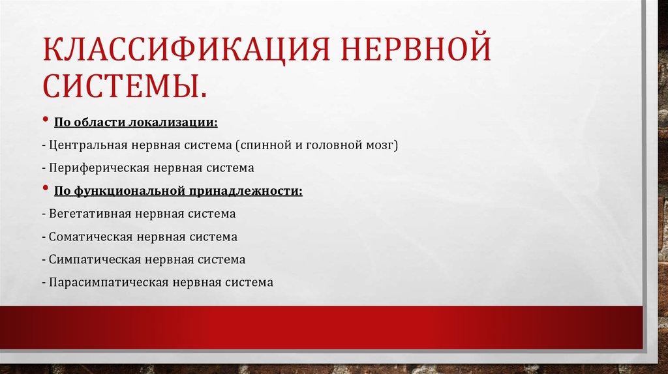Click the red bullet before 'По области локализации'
(46, 122)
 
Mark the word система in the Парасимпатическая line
(248, 283)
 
